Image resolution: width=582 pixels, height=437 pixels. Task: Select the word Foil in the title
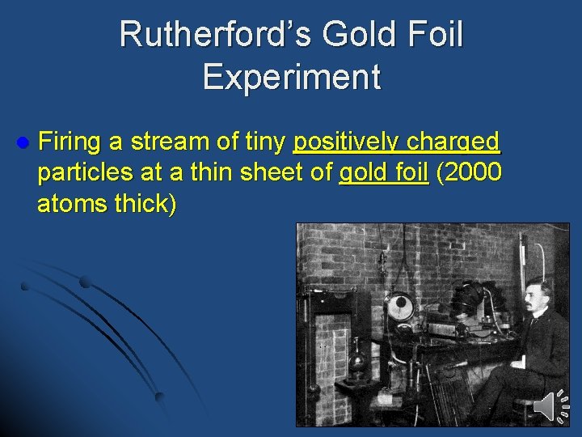(x=435, y=36)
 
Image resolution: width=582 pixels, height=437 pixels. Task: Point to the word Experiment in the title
(x=291, y=76)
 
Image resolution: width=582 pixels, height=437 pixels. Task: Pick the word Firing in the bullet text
(x=70, y=143)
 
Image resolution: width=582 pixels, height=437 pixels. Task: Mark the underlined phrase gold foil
(x=383, y=173)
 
